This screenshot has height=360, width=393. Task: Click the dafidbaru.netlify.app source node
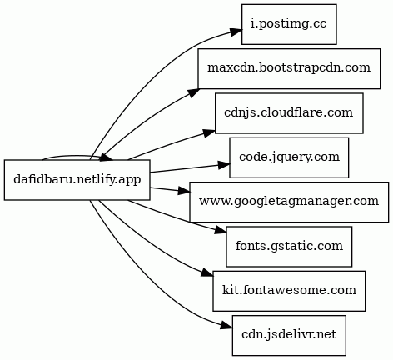77,180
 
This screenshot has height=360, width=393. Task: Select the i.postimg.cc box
289,24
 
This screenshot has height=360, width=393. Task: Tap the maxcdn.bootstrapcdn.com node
289,68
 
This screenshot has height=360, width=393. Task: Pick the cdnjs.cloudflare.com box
289,113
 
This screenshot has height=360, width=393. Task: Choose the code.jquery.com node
289,157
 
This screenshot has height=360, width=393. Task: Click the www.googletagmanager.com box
289,202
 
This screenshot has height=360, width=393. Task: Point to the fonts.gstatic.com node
289,247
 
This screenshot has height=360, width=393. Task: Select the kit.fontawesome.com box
289,291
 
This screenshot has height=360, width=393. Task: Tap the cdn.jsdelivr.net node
289,335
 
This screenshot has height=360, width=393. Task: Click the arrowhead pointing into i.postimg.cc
236,31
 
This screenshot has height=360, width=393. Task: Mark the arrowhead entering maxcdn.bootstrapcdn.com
192,93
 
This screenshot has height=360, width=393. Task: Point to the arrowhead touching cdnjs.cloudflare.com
209,133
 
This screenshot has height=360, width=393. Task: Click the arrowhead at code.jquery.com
224,165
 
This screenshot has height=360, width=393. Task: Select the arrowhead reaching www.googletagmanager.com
184,191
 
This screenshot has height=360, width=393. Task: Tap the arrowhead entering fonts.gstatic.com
221,231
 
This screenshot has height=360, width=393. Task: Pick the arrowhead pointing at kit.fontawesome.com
207,272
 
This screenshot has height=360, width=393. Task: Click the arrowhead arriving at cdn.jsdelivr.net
226,326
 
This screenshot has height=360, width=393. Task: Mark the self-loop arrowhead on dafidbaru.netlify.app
107,157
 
